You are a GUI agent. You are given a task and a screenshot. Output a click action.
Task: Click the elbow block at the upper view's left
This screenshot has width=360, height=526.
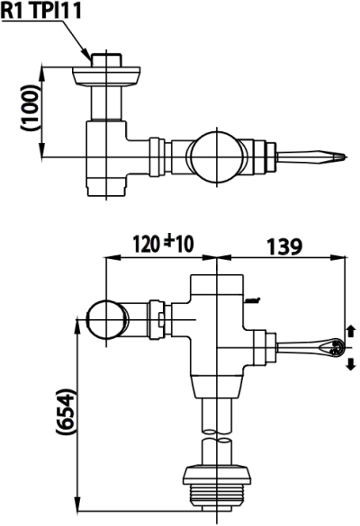tap(107, 156)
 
